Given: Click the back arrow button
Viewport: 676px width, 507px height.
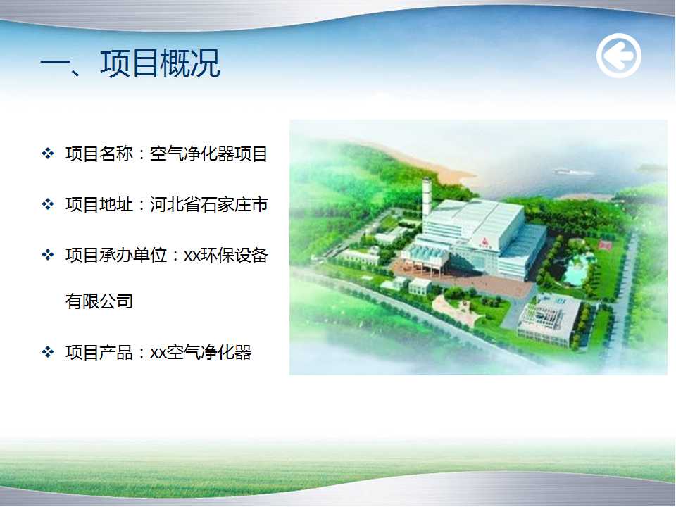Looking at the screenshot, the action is (619, 56).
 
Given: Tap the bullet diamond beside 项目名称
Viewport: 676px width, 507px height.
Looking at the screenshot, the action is (47, 153).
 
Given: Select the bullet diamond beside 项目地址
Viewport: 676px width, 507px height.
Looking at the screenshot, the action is (47, 204).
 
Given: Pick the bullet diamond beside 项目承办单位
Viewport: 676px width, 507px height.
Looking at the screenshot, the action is (47, 255).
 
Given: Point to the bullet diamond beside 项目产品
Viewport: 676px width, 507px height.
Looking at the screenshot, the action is (47, 352).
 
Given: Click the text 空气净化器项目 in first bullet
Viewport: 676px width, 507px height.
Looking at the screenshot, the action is (208, 154).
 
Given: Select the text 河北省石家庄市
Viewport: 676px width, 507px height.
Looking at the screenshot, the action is (208, 204).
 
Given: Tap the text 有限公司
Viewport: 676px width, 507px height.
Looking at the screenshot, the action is (99, 301).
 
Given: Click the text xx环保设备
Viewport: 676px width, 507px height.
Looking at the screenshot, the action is (226, 255).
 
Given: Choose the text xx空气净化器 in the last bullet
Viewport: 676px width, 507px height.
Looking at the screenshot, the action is (201, 352).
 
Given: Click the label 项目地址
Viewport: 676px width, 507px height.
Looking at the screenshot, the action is (99, 204).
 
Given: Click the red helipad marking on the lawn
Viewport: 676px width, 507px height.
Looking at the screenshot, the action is (605, 246).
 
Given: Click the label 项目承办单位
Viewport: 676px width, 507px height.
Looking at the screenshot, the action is (116, 255).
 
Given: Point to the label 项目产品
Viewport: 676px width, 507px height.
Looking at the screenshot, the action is (99, 352).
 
